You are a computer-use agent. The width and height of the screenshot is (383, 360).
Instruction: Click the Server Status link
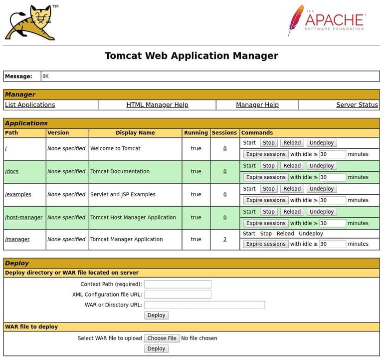(x=357, y=105)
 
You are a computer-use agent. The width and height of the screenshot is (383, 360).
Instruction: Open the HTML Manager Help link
(x=157, y=105)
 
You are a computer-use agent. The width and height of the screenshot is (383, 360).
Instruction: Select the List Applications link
(x=30, y=105)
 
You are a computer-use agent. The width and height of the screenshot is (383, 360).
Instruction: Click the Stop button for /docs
(x=269, y=166)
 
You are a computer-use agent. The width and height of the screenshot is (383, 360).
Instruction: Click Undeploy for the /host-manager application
(x=321, y=212)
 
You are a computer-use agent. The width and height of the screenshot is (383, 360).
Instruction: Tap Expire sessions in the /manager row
(x=266, y=244)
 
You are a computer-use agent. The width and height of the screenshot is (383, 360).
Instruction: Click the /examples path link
(x=18, y=195)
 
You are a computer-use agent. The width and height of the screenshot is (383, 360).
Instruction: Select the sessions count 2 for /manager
(x=225, y=240)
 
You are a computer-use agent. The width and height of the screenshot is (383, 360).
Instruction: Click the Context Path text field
(x=178, y=285)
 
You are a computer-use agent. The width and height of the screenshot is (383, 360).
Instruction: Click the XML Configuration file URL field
(x=178, y=295)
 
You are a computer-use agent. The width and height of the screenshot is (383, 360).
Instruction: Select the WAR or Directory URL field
(x=204, y=305)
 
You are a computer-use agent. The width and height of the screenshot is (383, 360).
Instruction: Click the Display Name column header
(x=135, y=133)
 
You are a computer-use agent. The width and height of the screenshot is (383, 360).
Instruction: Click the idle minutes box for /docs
(x=333, y=177)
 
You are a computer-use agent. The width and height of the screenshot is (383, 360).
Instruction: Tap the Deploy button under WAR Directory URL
(x=156, y=316)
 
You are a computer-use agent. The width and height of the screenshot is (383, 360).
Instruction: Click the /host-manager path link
(x=24, y=218)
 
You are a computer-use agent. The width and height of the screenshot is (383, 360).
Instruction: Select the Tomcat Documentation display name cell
(x=120, y=172)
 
